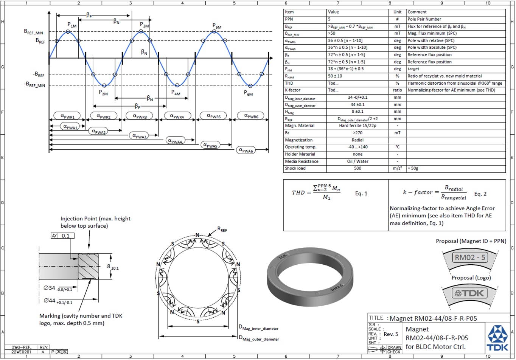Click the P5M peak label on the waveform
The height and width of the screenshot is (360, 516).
(217, 26)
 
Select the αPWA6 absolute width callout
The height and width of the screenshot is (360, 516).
(246, 150)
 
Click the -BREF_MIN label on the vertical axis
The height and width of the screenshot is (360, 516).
(34, 85)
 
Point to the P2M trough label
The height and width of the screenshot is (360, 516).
(103, 93)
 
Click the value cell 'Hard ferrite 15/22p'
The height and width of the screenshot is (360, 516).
(357, 126)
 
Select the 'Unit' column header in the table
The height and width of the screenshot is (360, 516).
(397, 12)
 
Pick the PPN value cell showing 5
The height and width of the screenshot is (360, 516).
(329, 19)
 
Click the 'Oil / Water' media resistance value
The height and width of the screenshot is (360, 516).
(357, 161)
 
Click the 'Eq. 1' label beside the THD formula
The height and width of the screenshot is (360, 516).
(361, 194)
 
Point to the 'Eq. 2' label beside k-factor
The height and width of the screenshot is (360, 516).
(480, 194)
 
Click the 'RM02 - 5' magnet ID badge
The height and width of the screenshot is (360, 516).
(470, 258)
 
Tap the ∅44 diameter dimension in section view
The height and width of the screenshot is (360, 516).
(53, 301)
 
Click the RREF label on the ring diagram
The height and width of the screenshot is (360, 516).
(222, 230)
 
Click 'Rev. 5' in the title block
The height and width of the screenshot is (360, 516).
(391, 334)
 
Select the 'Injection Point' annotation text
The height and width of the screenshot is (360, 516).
(95, 222)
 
